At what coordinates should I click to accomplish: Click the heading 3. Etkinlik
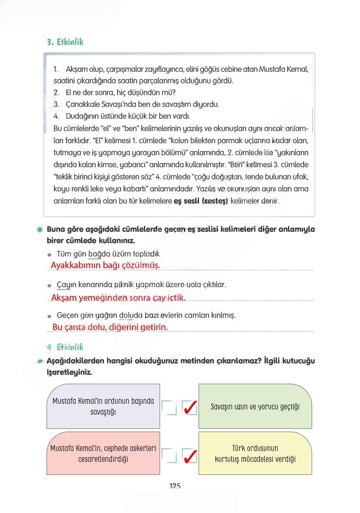click(x=65, y=42)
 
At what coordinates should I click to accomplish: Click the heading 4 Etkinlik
click(x=65, y=347)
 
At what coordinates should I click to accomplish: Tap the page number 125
click(x=175, y=486)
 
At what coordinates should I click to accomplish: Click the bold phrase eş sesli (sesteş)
click(x=201, y=201)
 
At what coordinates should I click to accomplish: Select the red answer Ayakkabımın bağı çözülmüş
click(x=105, y=265)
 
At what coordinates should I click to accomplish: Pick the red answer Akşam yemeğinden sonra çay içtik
click(x=118, y=298)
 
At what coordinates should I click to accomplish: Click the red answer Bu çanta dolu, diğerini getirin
click(x=110, y=327)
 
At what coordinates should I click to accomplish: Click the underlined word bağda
click(x=97, y=254)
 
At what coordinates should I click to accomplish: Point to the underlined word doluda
click(x=128, y=315)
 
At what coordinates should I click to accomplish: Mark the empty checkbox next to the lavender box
click(x=169, y=407)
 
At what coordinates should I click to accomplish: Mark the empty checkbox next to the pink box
click(x=169, y=456)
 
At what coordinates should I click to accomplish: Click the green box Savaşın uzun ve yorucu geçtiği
click(x=255, y=406)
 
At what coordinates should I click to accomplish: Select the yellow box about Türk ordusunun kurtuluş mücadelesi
click(x=255, y=453)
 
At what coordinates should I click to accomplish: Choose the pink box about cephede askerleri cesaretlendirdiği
click(x=103, y=453)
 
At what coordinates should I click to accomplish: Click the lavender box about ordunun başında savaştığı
click(x=103, y=406)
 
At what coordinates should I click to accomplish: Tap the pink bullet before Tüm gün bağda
click(x=49, y=255)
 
